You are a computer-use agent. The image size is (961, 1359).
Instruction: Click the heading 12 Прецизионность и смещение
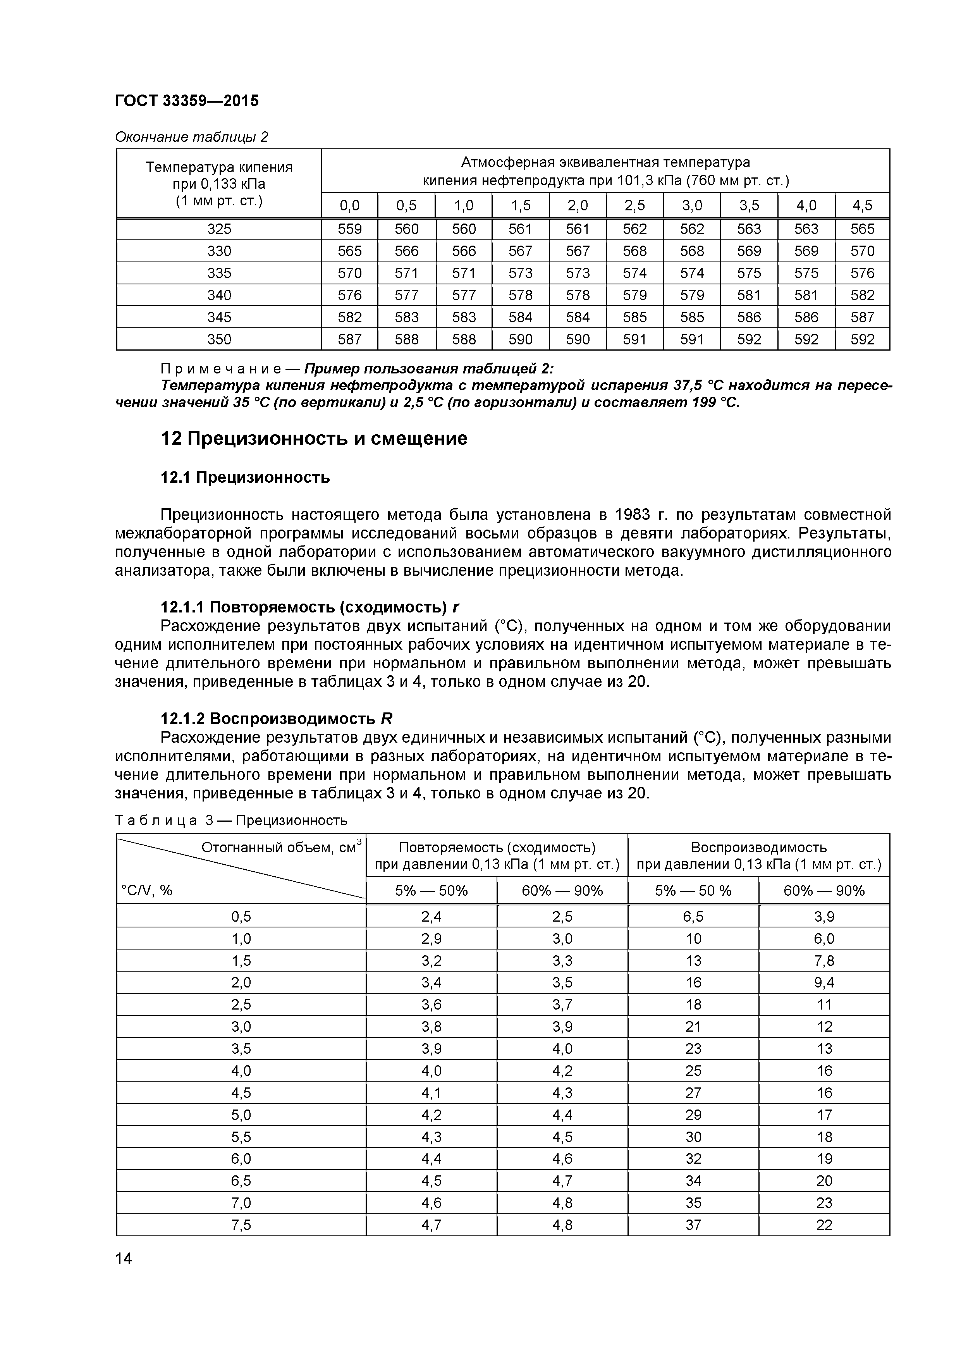click(x=314, y=438)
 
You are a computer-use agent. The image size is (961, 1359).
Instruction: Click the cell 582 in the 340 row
click(x=862, y=295)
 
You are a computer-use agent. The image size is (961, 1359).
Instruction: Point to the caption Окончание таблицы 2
click(x=191, y=137)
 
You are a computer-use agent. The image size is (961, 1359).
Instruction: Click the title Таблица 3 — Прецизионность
click(x=231, y=821)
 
